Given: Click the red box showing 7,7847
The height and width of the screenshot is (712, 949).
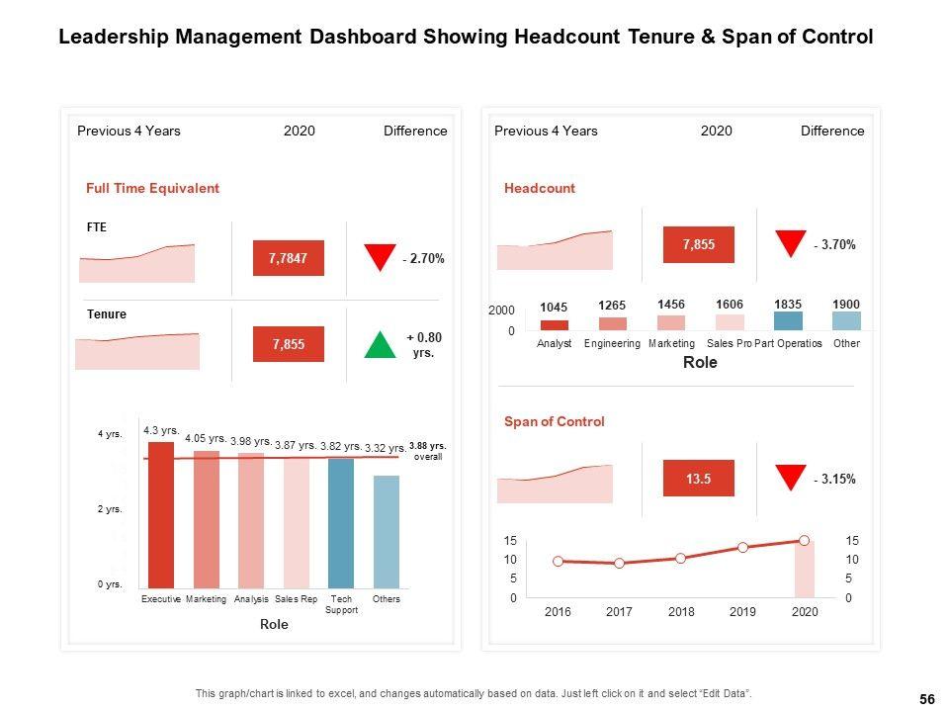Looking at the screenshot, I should point(288,258).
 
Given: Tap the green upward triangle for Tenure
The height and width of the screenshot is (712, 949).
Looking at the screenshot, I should point(381,345).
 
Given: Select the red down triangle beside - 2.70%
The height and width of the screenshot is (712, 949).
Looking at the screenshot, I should point(380,257).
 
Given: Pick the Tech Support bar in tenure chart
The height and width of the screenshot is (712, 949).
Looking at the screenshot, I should point(341,523).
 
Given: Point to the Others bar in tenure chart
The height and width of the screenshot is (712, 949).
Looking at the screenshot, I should point(387,531).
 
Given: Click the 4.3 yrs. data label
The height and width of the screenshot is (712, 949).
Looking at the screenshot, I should point(161,431).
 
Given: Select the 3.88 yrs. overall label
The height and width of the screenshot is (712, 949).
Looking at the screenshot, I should point(427,451).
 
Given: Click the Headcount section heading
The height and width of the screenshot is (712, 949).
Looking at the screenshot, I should point(539,188).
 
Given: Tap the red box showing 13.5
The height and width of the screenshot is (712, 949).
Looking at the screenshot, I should point(698,480).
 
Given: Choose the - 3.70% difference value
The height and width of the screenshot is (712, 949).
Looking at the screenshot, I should point(834,244).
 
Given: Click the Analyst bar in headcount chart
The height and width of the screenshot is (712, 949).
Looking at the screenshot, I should point(555,324).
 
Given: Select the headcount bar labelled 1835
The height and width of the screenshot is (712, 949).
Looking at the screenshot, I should point(788,320).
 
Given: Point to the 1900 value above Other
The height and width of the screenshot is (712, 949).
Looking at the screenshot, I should point(846,304).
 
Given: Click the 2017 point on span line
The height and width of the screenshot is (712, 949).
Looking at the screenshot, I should point(620,563).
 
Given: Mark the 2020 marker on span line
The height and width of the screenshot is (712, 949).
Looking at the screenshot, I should point(805,540).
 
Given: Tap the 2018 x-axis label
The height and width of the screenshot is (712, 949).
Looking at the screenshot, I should point(681,612).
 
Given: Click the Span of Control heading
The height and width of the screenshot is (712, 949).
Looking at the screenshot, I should point(554,421).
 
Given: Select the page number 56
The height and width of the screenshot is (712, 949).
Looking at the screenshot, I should point(926,699).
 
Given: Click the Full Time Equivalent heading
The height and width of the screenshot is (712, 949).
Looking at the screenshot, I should point(152,188).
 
